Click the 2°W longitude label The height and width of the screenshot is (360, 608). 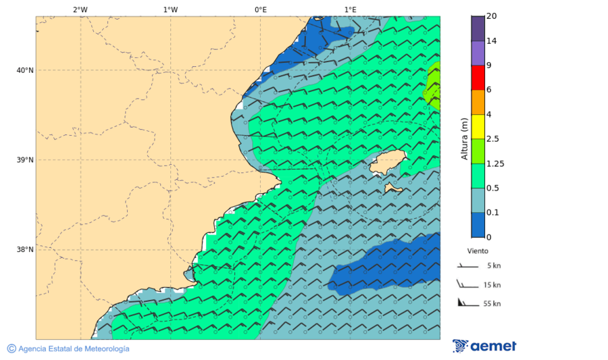(80, 9)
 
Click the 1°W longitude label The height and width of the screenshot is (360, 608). (170, 9)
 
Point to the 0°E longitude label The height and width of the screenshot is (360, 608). (260, 9)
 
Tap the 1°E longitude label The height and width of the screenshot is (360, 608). (350, 9)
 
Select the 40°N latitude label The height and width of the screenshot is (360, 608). (25, 70)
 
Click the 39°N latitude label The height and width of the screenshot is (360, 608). (25, 160)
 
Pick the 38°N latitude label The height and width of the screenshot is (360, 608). (25, 250)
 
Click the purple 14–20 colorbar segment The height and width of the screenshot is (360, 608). (478, 28)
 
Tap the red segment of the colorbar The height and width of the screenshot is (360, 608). (478, 78)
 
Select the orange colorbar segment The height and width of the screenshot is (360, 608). (478, 102)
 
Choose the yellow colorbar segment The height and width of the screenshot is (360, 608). (478, 126)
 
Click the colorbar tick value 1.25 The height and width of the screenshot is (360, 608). (496, 163)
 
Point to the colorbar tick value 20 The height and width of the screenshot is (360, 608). (491, 16)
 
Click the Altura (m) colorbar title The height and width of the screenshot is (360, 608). (464, 138)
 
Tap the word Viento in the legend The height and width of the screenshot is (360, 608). (478, 251)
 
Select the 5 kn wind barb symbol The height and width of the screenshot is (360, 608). (467, 267)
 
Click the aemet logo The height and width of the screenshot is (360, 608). (484, 346)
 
